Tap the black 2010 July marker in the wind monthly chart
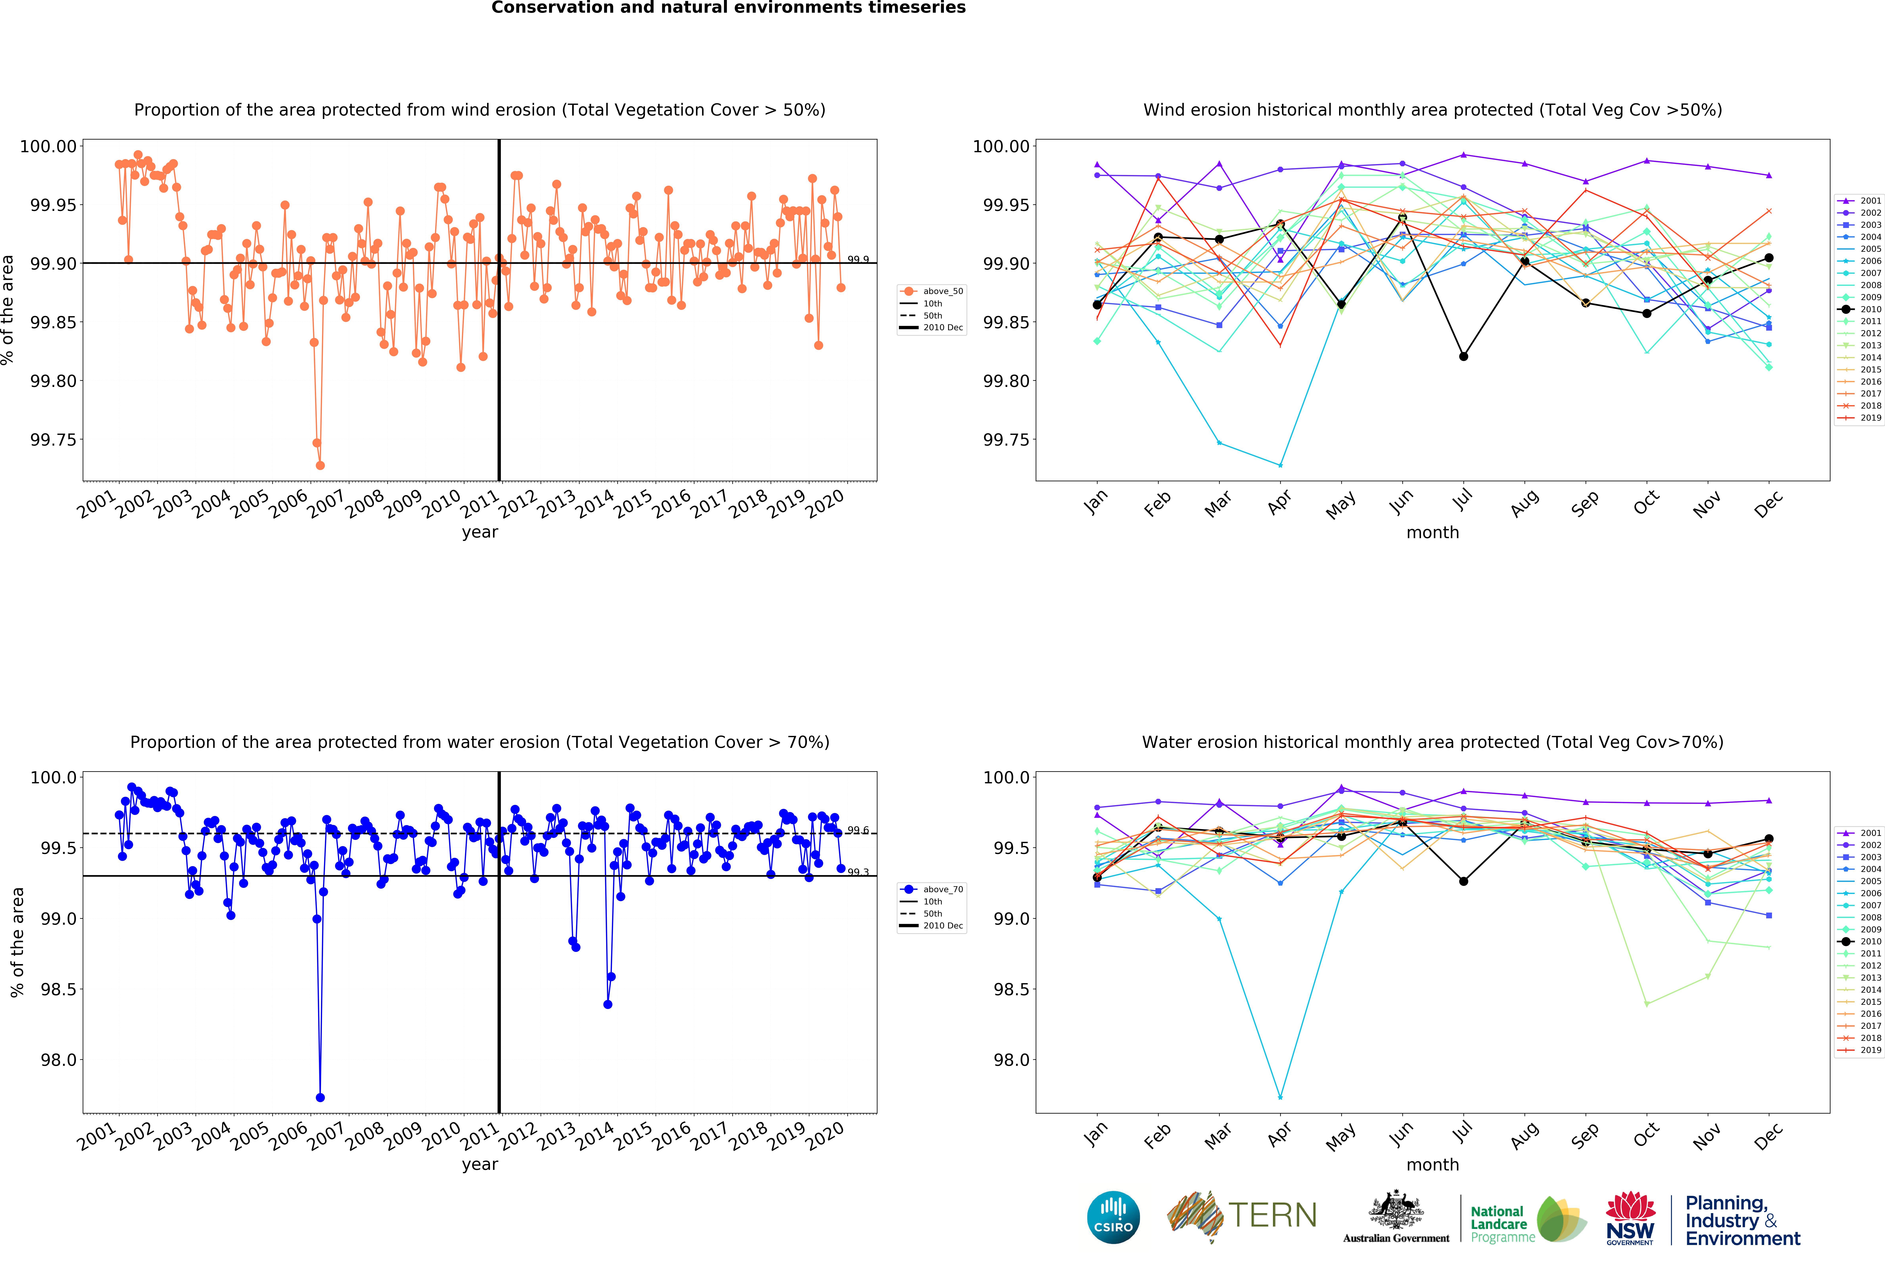(x=1463, y=356)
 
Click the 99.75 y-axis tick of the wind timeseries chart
(x=53, y=440)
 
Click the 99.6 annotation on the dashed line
(x=858, y=830)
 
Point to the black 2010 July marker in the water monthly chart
(x=1463, y=881)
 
